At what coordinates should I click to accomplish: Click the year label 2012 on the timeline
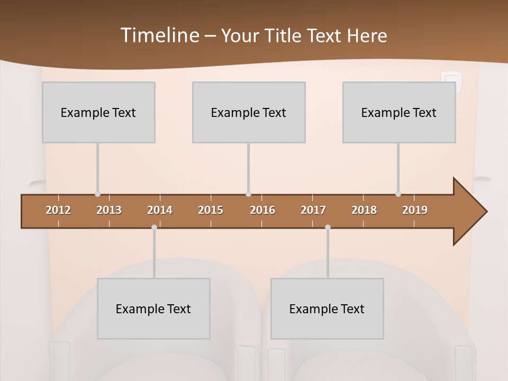58,210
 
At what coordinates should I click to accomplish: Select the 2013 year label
109,210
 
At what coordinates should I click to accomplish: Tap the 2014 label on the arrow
160,210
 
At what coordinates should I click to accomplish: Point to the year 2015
211,210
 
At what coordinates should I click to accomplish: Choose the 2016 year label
262,210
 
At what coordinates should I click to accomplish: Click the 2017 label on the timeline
313,210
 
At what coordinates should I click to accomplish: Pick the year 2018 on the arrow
364,210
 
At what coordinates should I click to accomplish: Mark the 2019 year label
415,210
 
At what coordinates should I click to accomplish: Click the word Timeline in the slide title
159,35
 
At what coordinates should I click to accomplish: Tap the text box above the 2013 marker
98,112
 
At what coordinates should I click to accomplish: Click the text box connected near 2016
249,112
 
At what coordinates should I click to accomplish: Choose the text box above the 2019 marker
399,112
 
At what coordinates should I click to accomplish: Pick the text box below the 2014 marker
153,309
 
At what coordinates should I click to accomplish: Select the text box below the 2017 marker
327,309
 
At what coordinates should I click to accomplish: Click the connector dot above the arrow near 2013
97,194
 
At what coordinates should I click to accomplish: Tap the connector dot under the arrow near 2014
154,228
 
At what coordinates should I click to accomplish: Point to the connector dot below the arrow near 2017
328,228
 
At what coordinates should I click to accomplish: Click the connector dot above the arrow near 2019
398,194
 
